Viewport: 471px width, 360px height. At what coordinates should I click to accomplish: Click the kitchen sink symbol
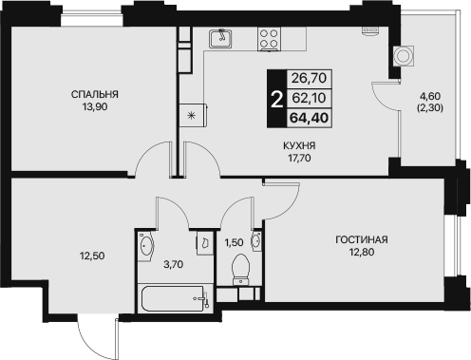tap(220, 38)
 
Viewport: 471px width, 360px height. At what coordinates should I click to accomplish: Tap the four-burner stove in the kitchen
tap(269, 39)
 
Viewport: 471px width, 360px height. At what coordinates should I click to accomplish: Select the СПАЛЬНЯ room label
tap(95, 94)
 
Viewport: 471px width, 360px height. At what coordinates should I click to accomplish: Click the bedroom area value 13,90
tap(95, 107)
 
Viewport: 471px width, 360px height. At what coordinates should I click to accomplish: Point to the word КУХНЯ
tap(299, 145)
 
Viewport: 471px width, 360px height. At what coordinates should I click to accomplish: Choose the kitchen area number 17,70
tap(299, 158)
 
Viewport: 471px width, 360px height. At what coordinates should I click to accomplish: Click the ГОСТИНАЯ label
tap(362, 239)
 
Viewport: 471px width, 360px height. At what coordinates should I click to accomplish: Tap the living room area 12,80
tap(362, 252)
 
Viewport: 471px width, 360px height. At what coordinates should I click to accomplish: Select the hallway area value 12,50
tap(92, 256)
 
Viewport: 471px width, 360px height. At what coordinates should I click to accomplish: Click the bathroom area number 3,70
tap(173, 264)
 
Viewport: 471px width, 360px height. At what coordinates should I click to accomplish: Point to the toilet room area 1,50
tap(234, 243)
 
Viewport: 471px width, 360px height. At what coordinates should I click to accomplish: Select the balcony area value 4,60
tap(430, 96)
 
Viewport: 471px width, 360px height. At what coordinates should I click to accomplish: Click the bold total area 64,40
tap(309, 118)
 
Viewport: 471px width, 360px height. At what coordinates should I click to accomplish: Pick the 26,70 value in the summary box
tap(309, 78)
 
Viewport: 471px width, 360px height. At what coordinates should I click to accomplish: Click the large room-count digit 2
tap(276, 99)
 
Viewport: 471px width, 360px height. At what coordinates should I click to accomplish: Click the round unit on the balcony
tap(404, 56)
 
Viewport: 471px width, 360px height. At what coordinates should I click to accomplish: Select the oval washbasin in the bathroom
tap(146, 246)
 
